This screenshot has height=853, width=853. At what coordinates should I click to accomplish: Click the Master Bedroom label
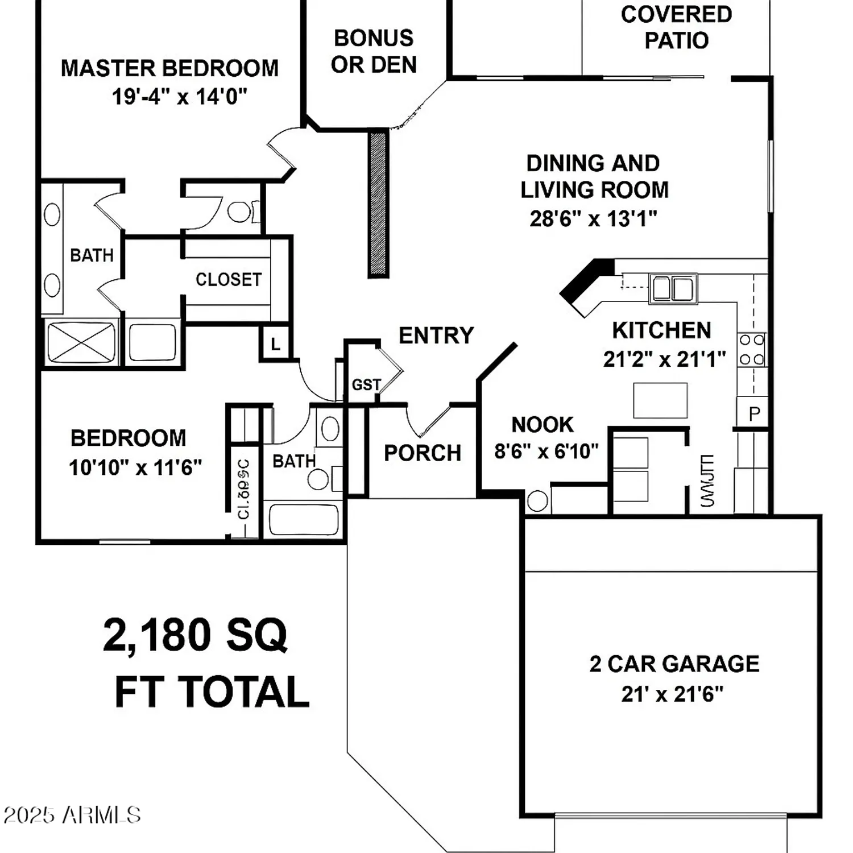point(169,68)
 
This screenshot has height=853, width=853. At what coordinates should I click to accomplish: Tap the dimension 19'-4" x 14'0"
point(179,97)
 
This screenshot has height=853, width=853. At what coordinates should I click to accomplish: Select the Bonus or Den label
point(374,52)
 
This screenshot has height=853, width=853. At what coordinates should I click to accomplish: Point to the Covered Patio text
point(676,27)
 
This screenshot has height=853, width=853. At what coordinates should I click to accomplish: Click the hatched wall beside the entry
point(378,204)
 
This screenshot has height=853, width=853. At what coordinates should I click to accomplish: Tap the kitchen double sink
point(673,288)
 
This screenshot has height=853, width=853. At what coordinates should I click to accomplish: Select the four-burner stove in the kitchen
point(751,350)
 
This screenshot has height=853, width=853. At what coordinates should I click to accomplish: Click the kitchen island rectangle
point(660,400)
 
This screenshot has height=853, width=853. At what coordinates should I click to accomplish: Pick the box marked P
point(753,413)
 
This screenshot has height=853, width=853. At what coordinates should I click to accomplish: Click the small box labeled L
point(275,343)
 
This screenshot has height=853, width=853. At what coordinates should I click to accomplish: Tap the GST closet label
point(366,385)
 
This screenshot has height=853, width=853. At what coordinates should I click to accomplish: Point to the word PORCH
point(422,453)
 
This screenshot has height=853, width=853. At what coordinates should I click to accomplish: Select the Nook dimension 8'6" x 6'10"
point(546,452)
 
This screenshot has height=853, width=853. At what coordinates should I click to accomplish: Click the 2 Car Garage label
point(674,664)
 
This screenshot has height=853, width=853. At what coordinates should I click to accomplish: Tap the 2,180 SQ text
point(194,635)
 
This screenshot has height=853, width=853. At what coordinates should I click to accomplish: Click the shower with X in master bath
point(81,342)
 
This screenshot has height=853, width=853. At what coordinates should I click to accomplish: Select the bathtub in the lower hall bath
point(303,519)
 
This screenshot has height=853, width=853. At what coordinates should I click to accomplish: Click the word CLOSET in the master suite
point(229,279)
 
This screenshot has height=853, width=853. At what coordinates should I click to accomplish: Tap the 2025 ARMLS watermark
point(72,815)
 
